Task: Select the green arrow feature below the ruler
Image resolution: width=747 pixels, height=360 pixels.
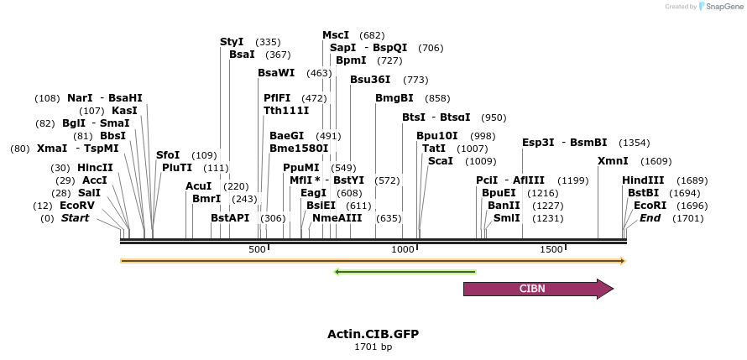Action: click(x=405, y=272)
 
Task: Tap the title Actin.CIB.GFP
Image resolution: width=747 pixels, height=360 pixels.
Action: click(x=373, y=334)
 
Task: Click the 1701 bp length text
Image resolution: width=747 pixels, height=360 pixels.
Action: click(x=373, y=347)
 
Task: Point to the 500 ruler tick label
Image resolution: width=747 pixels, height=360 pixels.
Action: click(x=257, y=249)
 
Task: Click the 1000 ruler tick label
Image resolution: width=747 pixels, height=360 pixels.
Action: click(x=404, y=249)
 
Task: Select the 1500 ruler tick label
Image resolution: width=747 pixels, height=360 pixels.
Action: click(x=551, y=249)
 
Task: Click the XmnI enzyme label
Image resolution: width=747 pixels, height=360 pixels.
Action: click(x=612, y=161)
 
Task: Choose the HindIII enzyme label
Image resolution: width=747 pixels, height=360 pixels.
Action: click(x=643, y=180)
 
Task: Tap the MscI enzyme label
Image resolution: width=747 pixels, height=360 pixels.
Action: click(x=336, y=35)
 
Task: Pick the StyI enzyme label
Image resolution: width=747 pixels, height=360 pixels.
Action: click(x=232, y=42)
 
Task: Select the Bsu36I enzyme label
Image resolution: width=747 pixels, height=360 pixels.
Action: click(x=370, y=80)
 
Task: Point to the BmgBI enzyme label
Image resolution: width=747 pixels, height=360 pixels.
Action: click(x=394, y=98)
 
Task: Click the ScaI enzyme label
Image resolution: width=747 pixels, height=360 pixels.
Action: click(x=441, y=161)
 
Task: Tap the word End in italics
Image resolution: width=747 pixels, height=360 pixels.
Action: click(x=650, y=218)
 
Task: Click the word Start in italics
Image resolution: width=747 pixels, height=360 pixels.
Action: click(x=75, y=218)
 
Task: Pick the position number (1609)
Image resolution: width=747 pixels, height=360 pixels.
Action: click(x=656, y=161)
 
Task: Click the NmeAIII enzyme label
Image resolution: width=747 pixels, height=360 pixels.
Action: click(x=337, y=218)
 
